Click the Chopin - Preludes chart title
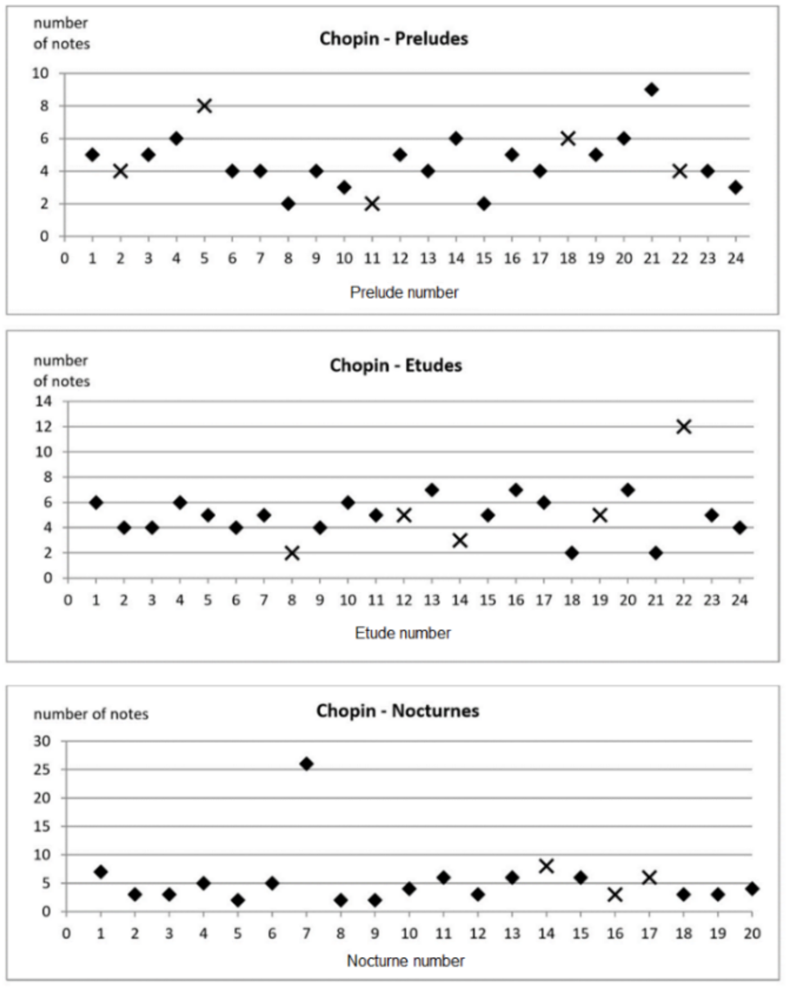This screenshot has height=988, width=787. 394,39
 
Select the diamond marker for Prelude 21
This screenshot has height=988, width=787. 651,89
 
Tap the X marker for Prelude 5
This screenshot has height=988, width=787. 204,106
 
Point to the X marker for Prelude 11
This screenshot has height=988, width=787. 372,203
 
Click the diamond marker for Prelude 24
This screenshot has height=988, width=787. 735,187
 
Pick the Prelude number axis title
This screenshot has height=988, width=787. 404,292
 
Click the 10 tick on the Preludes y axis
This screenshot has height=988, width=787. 41,73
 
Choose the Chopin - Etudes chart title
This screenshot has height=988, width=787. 395,365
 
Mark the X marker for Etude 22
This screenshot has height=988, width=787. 683,427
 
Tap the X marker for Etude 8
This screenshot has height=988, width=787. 291,553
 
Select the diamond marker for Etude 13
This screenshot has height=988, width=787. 431,490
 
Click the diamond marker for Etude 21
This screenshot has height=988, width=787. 655,553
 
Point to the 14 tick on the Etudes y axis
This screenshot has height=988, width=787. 43,401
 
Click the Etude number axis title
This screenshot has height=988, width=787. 403,633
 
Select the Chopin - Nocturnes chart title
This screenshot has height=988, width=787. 397,710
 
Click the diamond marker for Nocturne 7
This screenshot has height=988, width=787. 306,764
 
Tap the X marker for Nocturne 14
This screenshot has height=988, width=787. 546,866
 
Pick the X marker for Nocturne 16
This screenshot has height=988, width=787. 615,894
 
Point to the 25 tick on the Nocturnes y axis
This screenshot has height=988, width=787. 42,769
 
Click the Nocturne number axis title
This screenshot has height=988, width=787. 406,960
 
